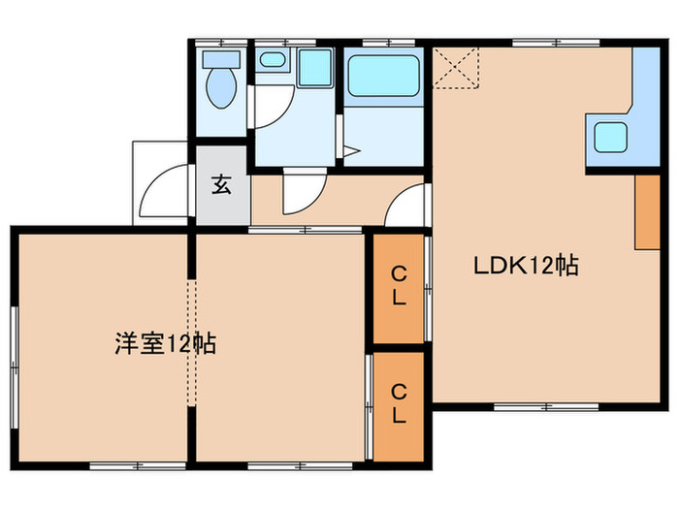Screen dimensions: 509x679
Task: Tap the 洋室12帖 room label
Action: (x=165, y=343)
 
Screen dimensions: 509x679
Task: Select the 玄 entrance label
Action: (x=221, y=185)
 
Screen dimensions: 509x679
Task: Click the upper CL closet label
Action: (x=398, y=289)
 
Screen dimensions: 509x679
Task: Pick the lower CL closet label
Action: (x=398, y=403)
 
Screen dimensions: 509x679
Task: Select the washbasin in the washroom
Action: (x=273, y=61)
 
